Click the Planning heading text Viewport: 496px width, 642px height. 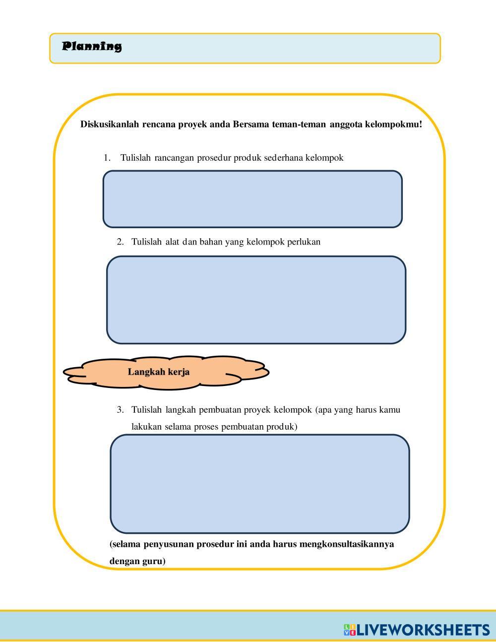(92, 47)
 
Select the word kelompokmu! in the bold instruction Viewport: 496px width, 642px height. (393, 124)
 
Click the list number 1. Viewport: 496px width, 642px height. (106, 158)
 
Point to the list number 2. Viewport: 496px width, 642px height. (120, 242)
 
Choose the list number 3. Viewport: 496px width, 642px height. (120, 410)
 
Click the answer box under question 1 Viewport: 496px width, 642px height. (252, 199)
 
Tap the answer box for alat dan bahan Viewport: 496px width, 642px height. (256, 300)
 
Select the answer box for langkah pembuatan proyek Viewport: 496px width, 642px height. (259, 484)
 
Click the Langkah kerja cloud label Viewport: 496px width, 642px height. (159, 372)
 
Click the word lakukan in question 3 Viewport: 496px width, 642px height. (146, 427)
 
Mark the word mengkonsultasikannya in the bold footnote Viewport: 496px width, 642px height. (347, 544)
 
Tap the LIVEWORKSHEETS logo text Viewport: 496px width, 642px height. (423, 630)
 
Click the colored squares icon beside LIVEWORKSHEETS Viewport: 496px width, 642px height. (350, 630)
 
